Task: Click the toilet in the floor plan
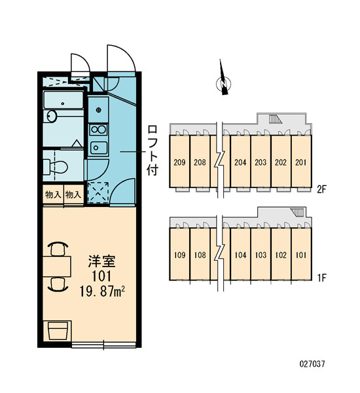tap(56, 166)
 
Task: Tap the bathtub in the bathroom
tap(63, 100)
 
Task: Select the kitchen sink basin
tap(99, 147)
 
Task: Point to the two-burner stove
tap(99, 130)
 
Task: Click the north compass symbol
tap(223, 80)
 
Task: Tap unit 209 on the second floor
tap(179, 162)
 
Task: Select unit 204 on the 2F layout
tap(240, 162)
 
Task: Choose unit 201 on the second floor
tap(301, 162)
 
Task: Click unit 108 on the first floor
tap(200, 254)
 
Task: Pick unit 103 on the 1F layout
tap(261, 254)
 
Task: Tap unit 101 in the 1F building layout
tap(301, 254)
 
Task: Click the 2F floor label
tap(321, 189)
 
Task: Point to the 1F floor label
tap(321, 278)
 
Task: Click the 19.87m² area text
tap(102, 291)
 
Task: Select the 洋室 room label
tap(101, 261)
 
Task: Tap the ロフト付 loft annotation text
tap(153, 150)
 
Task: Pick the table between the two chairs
tap(57, 266)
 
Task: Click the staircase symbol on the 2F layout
tap(276, 119)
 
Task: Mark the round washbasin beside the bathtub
tap(52, 117)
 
